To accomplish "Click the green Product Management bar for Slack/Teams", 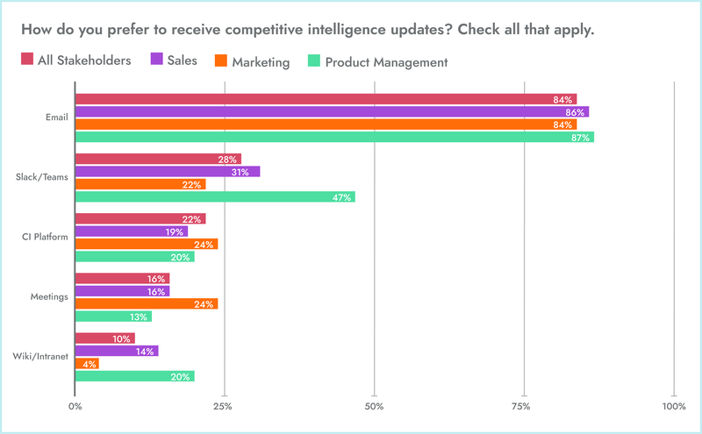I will (x=215, y=197).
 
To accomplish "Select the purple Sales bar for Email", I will (x=332, y=112).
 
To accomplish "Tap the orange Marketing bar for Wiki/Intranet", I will (x=87, y=363).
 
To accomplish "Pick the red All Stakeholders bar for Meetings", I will (x=122, y=279).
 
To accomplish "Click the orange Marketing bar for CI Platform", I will (x=147, y=245).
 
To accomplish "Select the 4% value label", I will (x=90, y=363).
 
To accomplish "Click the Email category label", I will (x=57, y=118).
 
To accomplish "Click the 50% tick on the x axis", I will (x=375, y=407).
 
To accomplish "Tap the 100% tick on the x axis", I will (x=674, y=407).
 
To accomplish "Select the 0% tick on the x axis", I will (x=75, y=407).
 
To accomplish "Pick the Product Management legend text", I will (x=386, y=61).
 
